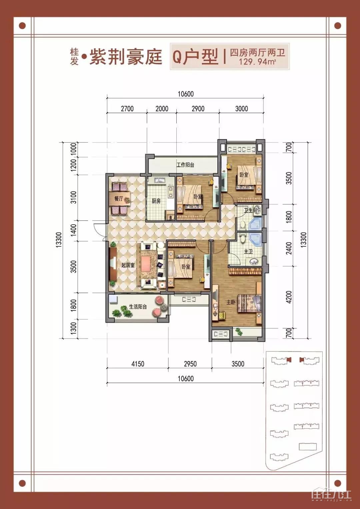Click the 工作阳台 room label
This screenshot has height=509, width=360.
click(185, 165)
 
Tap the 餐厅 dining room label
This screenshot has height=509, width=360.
click(119, 199)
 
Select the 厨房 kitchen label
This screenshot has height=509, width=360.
click(156, 201)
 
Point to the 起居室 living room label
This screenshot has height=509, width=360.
click(128, 265)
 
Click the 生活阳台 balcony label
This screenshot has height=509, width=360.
click(138, 307)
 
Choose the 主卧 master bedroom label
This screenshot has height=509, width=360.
click(231, 302)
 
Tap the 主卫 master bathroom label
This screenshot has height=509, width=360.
click(248, 252)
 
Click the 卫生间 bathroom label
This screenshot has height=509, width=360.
click(251, 210)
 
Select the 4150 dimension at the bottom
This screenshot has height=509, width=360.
click(138, 364)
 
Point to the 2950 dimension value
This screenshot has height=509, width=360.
click(190, 364)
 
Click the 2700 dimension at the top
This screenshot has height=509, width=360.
click(127, 109)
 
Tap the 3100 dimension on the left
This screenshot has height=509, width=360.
click(74, 197)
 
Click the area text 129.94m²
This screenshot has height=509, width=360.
click(257, 62)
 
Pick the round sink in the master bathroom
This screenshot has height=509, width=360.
click(254, 262)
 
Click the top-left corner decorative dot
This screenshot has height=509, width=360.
click(22, 26)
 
